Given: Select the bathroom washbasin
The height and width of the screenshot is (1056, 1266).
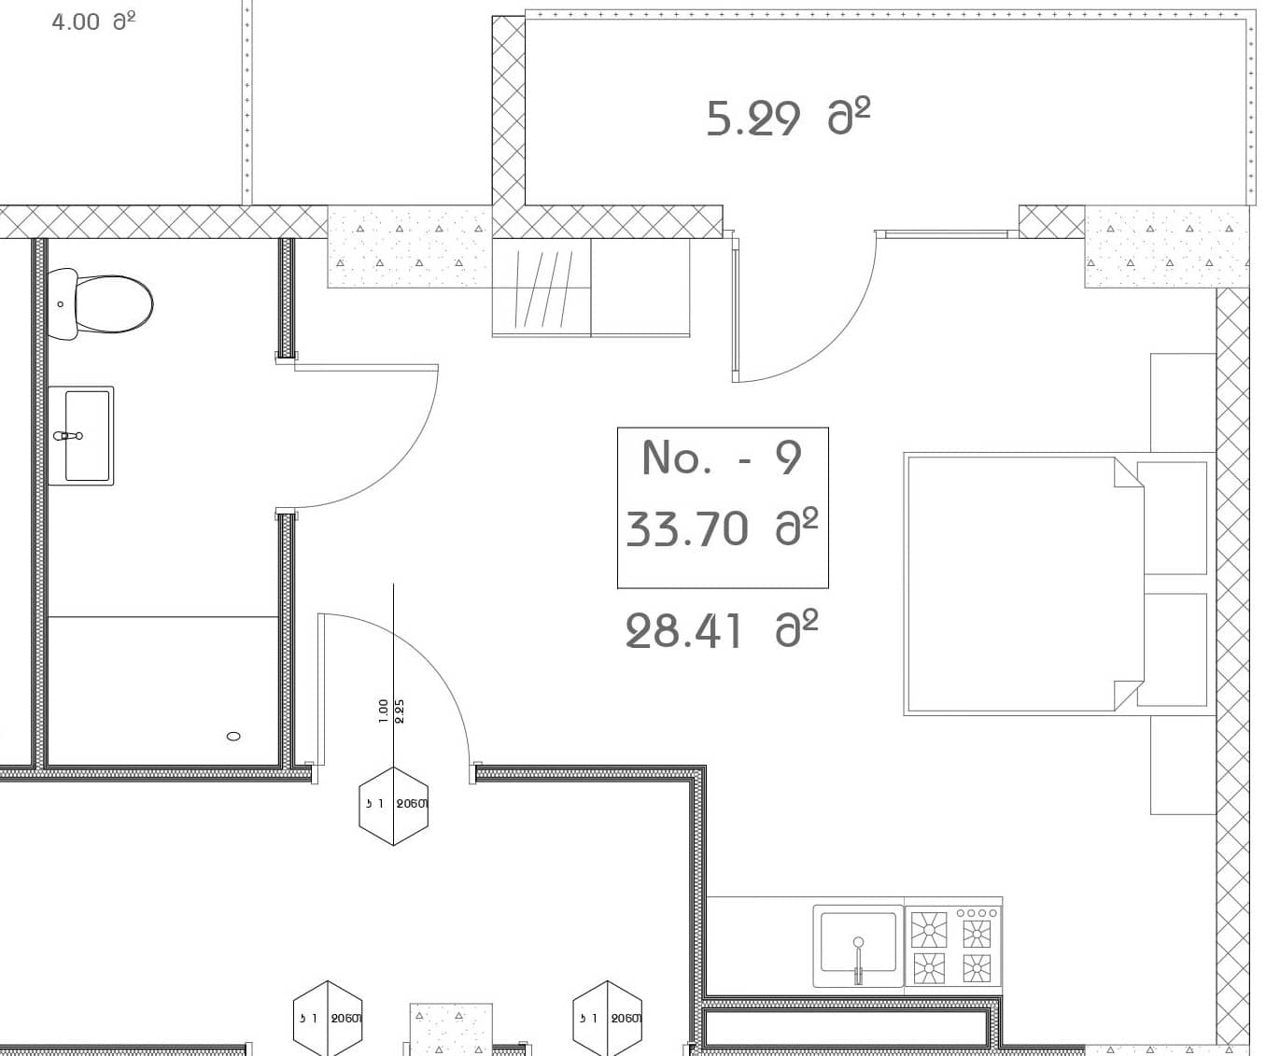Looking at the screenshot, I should [81, 436].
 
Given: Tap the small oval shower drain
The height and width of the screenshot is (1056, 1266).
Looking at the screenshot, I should [234, 736].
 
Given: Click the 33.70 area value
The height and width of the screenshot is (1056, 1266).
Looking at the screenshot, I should [722, 528].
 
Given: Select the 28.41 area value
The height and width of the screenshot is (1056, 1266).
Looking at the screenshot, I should [722, 630].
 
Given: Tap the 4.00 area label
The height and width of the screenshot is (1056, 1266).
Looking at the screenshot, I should [92, 21].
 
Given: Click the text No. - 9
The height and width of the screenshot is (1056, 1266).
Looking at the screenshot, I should [722, 458].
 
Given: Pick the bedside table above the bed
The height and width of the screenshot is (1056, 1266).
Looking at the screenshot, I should [1183, 402].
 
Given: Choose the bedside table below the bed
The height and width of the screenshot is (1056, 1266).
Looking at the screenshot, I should [1183, 765].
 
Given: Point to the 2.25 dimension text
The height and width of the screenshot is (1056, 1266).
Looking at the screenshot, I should [401, 711].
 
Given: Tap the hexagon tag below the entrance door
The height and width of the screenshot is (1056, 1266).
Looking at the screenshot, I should [394, 806].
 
